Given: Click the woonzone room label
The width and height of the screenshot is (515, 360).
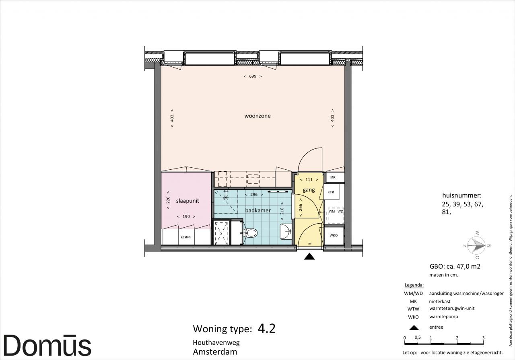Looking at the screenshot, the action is pyautogui.click(x=257, y=116).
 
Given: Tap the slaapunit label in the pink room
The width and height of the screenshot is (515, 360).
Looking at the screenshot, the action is pyautogui.click(x=187, y=201).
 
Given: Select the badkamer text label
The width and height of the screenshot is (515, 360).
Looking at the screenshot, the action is pyautogui.click(x=258, y=210).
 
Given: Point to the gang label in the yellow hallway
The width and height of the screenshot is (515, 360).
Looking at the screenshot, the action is pyautogui.click(x=309, y=190).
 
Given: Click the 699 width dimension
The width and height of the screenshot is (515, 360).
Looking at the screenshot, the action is pyautogui.click(x=253, y=76).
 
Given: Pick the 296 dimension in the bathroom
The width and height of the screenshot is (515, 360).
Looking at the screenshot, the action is pyautogui.click(x=254, y=195).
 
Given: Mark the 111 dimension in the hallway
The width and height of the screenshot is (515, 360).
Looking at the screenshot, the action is pyautogui.click(x=309, y=180).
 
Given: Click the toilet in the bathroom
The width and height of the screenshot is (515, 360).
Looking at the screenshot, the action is pyautogui.click(x=250, y=233).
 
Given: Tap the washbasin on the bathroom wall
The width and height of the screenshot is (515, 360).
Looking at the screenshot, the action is pyautogui.click(x=286, y=232).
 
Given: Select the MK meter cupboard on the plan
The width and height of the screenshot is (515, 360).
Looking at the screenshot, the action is pyautogui.click(x=334, y=177).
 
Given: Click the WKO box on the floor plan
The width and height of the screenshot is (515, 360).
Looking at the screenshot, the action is pyautogui.click(x=334, y=236).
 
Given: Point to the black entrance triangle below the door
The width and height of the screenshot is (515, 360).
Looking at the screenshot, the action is pyautogui.click(x=309, y=257).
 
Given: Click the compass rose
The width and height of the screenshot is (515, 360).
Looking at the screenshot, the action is pyautogui.click(x=477, y=245).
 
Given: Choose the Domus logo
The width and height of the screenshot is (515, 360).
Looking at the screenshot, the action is pyautogui.click(x=47, y=345).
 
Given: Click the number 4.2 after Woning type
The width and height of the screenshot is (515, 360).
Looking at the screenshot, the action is pyautogui.click(x=266, y=329).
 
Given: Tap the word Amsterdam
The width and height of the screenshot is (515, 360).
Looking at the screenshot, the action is pyautogui.click(x=215, y=352).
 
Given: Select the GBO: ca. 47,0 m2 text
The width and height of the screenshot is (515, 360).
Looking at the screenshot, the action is pyautogui.click(x=455, y=266).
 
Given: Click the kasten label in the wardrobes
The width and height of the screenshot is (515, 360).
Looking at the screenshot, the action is pyautogui.click(x=186, y=237).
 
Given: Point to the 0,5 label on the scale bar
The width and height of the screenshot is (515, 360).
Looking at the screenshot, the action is pyautogui.click(x=418, y=337).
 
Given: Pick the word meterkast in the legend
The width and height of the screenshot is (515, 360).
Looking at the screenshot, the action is pyautogui.click(x=440, y=301).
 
